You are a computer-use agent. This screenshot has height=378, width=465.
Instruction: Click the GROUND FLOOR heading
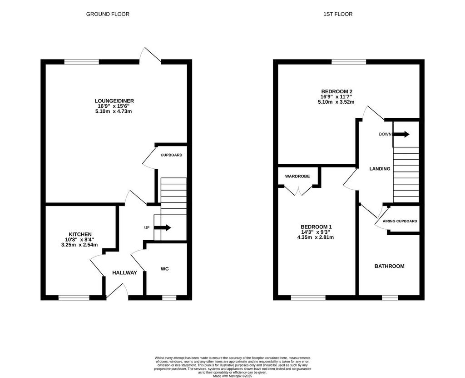point(108,14)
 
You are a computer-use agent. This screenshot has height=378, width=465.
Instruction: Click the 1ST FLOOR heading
point(338,14)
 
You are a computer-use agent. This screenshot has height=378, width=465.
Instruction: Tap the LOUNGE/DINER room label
point(114,101)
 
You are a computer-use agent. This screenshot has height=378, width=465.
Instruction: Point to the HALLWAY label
point(124,272)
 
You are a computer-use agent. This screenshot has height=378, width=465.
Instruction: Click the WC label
point(164,269)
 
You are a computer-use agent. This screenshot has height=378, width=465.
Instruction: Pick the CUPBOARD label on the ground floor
point(171,155)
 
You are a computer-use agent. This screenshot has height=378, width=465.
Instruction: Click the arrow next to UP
point(163,227)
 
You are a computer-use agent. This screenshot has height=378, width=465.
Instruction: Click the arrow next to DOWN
point(401,134)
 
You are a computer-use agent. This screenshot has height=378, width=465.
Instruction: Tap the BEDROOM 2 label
point(337,91)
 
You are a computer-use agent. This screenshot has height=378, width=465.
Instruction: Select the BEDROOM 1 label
point(316,227)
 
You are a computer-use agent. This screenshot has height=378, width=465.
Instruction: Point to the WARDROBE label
point(297,176)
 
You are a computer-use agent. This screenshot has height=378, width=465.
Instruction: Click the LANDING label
point(380,169)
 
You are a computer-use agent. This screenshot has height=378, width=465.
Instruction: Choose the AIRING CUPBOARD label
point(400,221)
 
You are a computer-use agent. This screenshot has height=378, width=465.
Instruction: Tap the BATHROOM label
point(389,266)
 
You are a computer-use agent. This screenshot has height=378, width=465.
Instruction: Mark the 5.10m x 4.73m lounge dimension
point(114,111)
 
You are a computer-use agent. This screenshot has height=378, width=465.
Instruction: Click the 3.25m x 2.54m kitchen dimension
point(79,245)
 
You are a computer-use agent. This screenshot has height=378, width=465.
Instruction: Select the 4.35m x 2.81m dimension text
point(316,237)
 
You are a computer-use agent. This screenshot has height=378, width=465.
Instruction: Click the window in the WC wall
point(169,297)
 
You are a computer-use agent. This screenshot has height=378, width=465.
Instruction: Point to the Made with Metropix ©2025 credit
point(232,376)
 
